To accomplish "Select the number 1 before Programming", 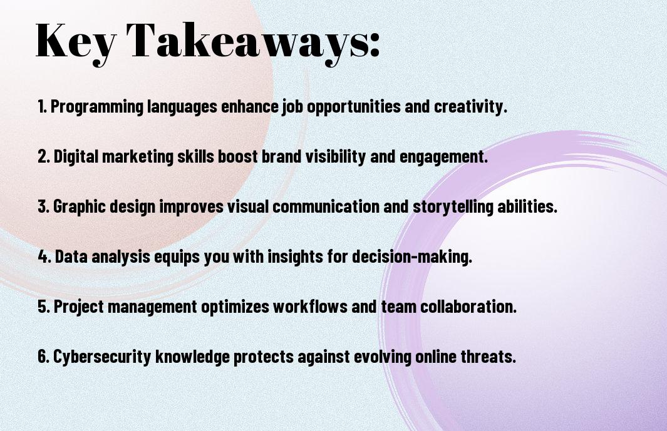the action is tap(41, 106).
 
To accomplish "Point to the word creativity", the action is tap(470, 106).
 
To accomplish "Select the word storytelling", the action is tap(453, 207).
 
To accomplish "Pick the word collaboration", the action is tap(468, 306).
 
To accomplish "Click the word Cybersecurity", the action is tap(102, 357).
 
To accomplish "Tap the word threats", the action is tap(489, 356).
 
